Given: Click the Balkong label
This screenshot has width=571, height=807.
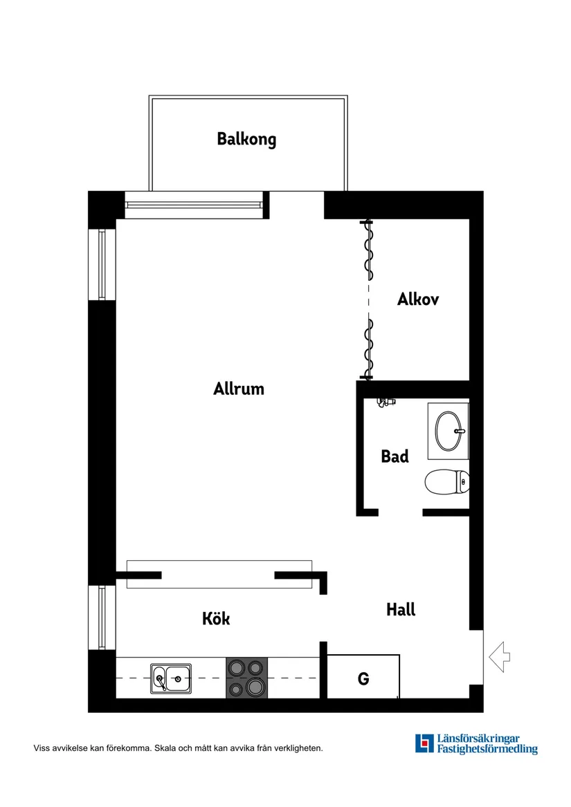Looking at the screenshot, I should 246,139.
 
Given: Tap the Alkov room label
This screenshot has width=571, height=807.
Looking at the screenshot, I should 418,299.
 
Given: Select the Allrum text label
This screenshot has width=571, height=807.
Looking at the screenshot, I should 239,389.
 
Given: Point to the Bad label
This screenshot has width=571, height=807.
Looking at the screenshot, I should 395,456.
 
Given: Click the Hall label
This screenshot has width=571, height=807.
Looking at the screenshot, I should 401,610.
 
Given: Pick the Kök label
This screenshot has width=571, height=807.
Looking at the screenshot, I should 216,618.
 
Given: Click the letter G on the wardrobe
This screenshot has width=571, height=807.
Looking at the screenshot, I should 363,679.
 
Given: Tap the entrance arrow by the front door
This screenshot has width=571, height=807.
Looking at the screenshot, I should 499,656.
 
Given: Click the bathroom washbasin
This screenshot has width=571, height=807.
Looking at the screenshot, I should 448,431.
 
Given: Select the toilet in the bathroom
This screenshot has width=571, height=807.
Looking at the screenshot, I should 447,482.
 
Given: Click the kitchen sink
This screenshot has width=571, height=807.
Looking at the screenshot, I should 171,678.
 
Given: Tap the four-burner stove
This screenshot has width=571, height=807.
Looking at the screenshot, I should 247,678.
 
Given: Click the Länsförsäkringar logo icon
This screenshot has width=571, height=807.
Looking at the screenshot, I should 424,743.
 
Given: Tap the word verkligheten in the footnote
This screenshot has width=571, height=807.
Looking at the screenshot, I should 297,748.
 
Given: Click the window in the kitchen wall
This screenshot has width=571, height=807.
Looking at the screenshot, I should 102,618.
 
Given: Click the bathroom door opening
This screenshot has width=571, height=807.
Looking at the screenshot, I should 400,512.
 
